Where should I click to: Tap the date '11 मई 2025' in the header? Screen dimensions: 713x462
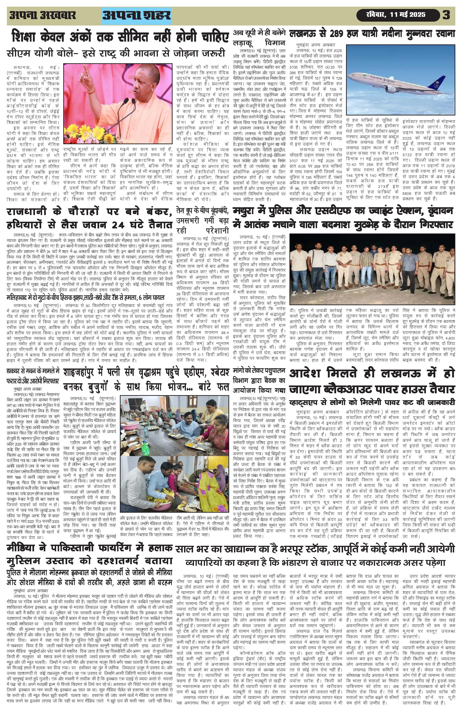[408, 15]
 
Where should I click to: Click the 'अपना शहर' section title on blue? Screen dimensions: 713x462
[137, 16]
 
